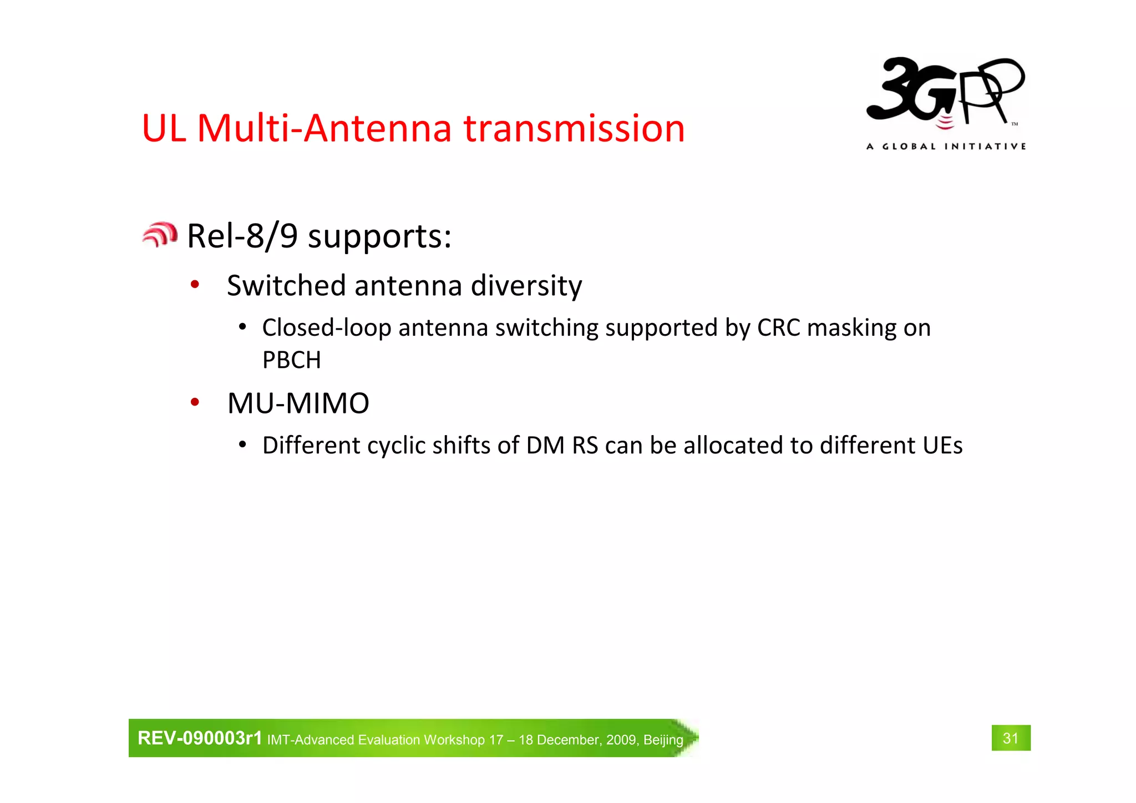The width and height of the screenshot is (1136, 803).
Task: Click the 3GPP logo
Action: point(946,94)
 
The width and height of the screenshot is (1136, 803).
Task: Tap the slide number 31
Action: point(1011,738)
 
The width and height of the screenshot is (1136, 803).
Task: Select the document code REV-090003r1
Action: point(200,738)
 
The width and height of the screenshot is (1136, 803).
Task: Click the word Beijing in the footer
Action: point(663,740)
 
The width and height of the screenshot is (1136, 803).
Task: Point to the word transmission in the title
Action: point(574,128)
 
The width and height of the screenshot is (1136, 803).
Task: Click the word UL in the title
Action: point(164,128)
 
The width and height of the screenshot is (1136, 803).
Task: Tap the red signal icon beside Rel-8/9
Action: point(160,235)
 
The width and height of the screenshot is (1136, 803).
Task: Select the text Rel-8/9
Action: point(242,236)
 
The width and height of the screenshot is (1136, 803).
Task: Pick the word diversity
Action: point(526,286)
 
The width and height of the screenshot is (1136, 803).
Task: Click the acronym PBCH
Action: point(292,360)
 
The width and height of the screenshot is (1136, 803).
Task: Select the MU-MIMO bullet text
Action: point(298,403)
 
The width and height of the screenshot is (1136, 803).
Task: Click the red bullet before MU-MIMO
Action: point(195,402)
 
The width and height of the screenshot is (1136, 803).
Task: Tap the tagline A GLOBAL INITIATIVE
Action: point(946,147)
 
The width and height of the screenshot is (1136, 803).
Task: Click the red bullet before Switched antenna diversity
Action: point(195,285)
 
